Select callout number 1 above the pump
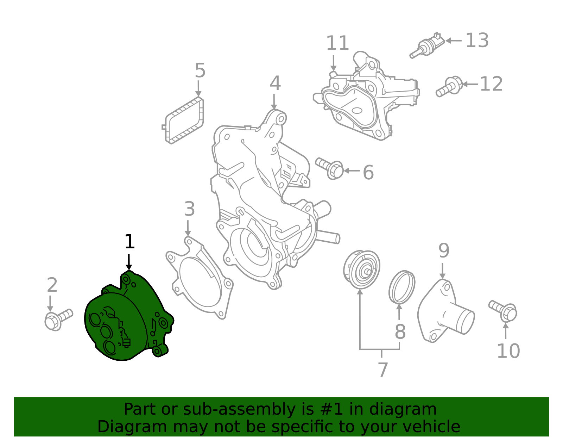tap(129, 242)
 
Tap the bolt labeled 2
tap(58, 319)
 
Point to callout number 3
tap(189, 209)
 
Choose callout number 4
tap(275, 83)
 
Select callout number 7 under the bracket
tap(382, 370)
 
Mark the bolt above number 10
tap(503, 311)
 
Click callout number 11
tap(337, 43)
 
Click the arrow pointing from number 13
tap(454, 41)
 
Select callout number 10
tap(508, 351)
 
